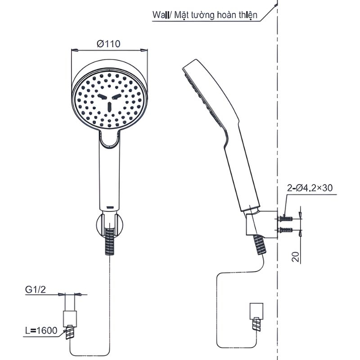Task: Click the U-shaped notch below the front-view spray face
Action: pyautogui.click(x=109, y=140)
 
